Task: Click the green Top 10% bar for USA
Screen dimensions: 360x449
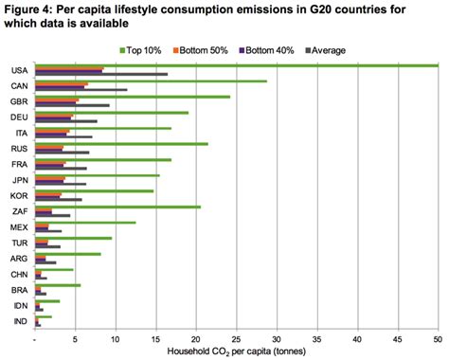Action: coord(237,65)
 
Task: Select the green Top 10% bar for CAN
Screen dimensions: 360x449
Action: coord(152,81)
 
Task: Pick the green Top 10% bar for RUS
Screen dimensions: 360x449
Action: coord(122,144)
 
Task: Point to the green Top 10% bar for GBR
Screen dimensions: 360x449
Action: coord(133,97)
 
